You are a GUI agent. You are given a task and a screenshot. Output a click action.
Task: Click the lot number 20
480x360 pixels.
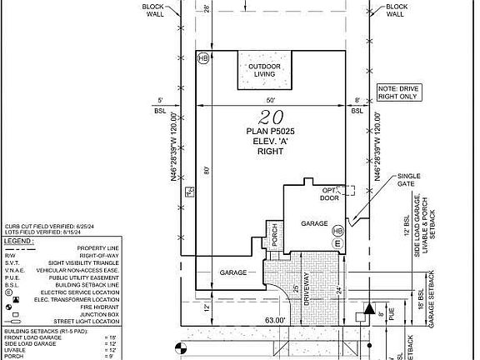pyautogui.click(x=267, y=117)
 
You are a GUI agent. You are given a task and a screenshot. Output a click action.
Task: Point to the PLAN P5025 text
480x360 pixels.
pyautogui.click(x=267, y=130)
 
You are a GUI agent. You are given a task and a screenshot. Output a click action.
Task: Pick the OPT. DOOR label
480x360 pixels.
pyautogui.click(x=330, y=194)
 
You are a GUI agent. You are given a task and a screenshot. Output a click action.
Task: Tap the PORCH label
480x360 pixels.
pyautogui.click(x=272, y=237)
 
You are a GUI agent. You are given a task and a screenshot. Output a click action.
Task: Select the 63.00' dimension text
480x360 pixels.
pyautogui.click(x=276, y=319)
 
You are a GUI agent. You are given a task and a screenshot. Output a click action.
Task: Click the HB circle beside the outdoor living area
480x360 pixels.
pyautogui.click(x=203, y=58)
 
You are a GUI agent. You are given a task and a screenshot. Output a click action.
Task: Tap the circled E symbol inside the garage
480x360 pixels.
pyautogui.click(x=337, y=242)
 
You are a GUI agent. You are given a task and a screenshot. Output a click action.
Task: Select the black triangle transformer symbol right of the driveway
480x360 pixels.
pyautogui.click(x=367, y=307)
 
